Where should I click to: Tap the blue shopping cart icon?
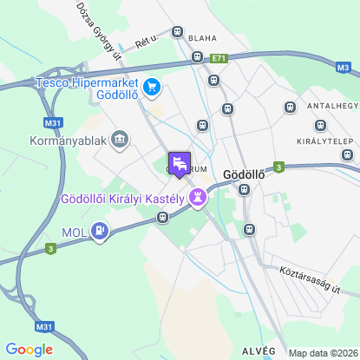(x=153, y=85)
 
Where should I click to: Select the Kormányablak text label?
(x=66, y=139)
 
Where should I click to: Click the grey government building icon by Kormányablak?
(x=119, y=138)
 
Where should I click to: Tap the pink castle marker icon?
(x=199, y=198)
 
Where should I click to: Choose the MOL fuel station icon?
(x=101, y=232)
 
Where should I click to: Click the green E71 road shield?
(x=219, y=58)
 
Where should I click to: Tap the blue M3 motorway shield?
(x=342, y=66)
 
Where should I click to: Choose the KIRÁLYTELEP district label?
(x=323, y=140)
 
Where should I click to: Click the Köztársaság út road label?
(x=308, y=278)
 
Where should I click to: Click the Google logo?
(x=29, y=350)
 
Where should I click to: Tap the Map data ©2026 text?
(x=321, y=353)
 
